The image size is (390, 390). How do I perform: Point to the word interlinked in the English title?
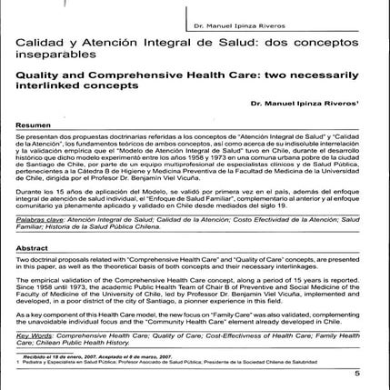[x=46, y=92]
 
